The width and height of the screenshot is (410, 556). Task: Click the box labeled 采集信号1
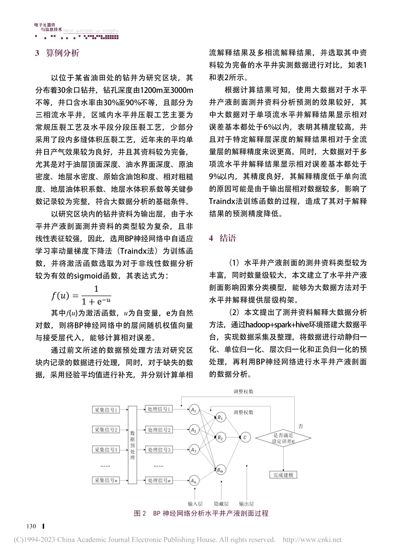tap(106, 410)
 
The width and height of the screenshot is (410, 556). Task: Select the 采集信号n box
tap(106, 480)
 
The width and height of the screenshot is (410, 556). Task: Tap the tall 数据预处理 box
tap(132, 444)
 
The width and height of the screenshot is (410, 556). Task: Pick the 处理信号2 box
tap(159, 430)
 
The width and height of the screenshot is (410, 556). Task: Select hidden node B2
tap(220, 437)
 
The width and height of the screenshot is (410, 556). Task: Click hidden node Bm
tap(220, 469)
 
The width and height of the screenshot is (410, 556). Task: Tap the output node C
tap(244, 437)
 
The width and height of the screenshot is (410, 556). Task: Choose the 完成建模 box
tap(283, 475)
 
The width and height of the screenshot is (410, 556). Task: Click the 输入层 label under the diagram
tap(195, 503)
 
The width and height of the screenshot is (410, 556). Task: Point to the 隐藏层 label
tap(221, 503)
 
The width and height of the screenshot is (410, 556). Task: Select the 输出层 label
tap(246, 503)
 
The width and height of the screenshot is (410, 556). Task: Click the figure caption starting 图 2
tap(201, 513)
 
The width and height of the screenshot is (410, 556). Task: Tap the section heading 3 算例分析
tap(57, 53)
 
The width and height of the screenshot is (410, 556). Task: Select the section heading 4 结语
tap(223, 238)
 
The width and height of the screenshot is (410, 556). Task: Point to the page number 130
tap(32, 527)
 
